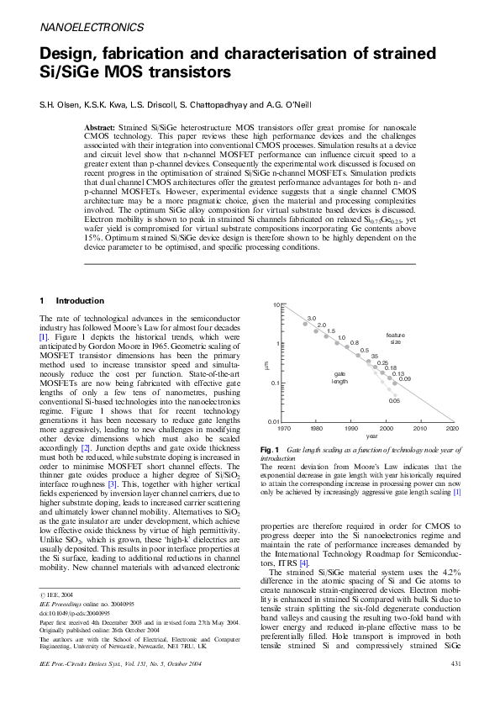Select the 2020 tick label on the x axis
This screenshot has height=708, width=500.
[452, 428]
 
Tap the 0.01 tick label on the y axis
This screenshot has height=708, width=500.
[273, 421]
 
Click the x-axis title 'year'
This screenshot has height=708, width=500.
[371, 436]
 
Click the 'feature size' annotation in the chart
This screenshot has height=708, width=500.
[395, 339]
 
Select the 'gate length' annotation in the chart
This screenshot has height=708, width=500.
[339, 378]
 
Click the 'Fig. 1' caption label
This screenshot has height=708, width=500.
[271, 452]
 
